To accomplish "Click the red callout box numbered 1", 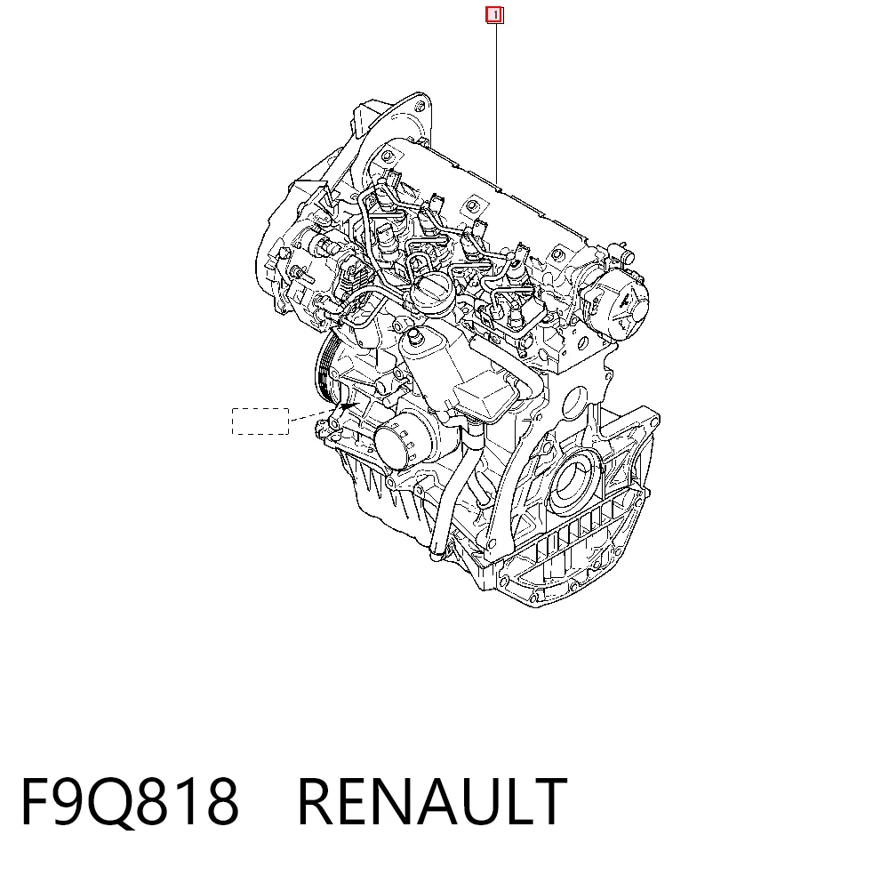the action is click(494, 15).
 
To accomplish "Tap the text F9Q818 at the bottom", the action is click(130, 802).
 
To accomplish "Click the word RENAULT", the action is click(432, 801).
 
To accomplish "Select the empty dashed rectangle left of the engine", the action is click(260, 421).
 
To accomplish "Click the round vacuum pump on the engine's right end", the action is click(618, 301).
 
